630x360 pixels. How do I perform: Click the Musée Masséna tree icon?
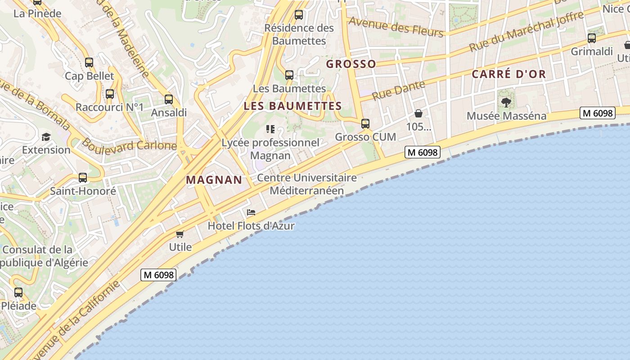coord(506,103)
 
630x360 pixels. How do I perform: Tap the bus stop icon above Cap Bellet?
coord(89,63)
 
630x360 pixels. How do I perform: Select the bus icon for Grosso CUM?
coord(365,123)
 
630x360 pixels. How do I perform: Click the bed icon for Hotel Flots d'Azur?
coord(251,212)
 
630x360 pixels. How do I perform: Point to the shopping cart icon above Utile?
coord(180,234)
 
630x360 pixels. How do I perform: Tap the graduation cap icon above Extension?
coord(46,137)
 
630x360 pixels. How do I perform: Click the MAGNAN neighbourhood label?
coord(214,180)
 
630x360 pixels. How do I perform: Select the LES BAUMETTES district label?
coord(292,106)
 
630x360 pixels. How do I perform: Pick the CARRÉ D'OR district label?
coord(508,74)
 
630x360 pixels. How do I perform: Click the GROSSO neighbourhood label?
coord(351,64)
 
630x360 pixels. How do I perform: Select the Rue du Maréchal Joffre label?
coord(526,31)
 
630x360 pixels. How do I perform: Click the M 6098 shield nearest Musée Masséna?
coord(598,113)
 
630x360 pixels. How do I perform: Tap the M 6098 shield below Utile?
coord(158,274)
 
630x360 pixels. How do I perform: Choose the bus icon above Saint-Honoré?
coord(82,178)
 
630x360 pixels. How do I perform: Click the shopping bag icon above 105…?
coord(418,113)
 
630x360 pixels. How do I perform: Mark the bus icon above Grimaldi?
coord(592,38)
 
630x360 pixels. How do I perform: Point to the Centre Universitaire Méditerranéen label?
coord(307,184)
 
